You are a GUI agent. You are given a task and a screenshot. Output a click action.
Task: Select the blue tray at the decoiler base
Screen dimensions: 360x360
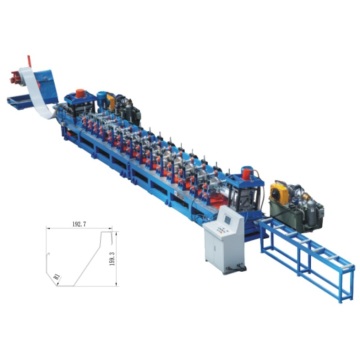[17, 101]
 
